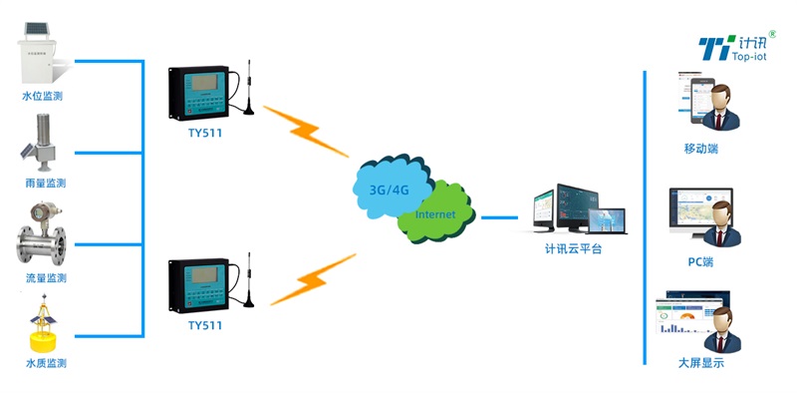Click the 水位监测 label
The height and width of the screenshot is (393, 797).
click(45, 97)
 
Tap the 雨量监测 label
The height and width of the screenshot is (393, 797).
click(45, 184)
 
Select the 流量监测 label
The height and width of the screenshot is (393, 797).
click(45, 277)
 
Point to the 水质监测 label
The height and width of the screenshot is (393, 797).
click(45, 364)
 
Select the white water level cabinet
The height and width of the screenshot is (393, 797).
click(42, 56)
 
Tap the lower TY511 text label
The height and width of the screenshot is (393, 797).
click(206, 325)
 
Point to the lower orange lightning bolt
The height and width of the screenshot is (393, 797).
click(312, 279)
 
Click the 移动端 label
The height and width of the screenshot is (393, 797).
click(700, 149)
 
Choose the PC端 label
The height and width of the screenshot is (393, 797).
click(700, 261)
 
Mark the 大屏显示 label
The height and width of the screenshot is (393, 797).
click(700, 363)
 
